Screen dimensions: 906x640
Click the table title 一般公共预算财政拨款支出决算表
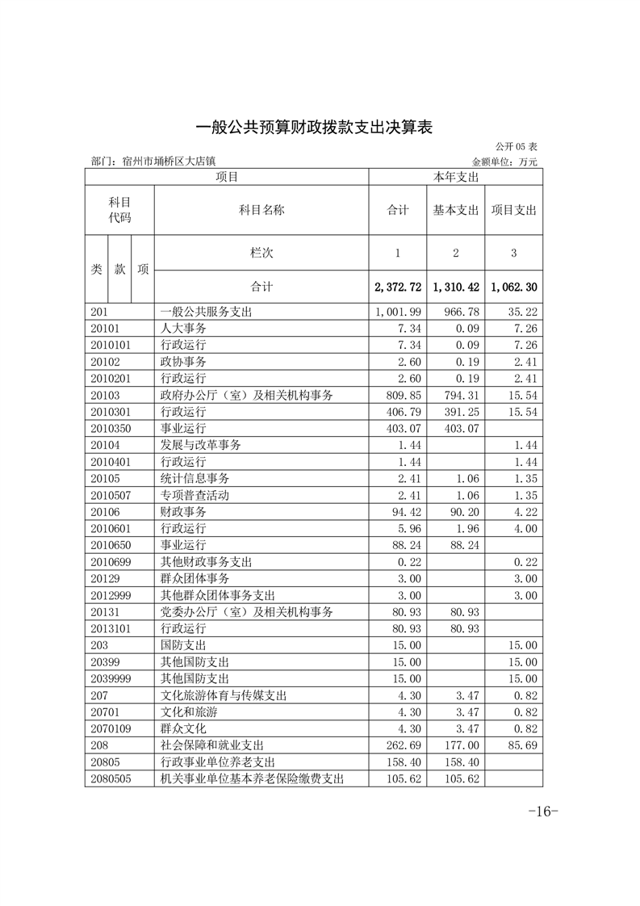[316, 128]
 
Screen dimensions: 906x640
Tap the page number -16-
[542, 812]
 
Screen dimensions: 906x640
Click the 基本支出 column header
[456, 211]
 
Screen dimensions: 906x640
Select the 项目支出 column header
[514, 211]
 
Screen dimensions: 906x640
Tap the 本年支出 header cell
[456, 176]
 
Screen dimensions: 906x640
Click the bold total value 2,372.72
[398, 287]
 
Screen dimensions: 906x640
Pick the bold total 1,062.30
[514, 287]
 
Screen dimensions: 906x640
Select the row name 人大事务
[183, 329]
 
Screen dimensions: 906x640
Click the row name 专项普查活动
[195, 495]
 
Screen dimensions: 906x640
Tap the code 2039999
[111, 677]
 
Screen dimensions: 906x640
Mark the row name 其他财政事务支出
[206, 561]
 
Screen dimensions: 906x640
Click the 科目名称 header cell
[261, 211]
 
